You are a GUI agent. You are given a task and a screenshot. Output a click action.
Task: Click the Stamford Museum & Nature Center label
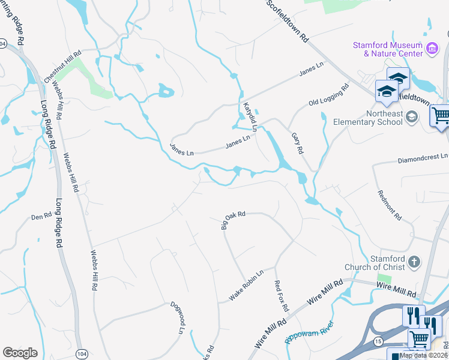tap(387, 49)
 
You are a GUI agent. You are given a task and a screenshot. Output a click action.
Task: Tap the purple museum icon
tap(431, 48)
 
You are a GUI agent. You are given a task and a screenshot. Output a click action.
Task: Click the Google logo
tap(20, 353)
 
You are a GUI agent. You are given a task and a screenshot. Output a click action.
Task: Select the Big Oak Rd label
tap(234, 220)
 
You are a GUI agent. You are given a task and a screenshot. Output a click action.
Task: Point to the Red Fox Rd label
tap(281, 296)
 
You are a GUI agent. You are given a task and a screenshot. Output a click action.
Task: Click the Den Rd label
tap(41, 215)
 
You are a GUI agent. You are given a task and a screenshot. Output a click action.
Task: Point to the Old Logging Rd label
tap(328, 95)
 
